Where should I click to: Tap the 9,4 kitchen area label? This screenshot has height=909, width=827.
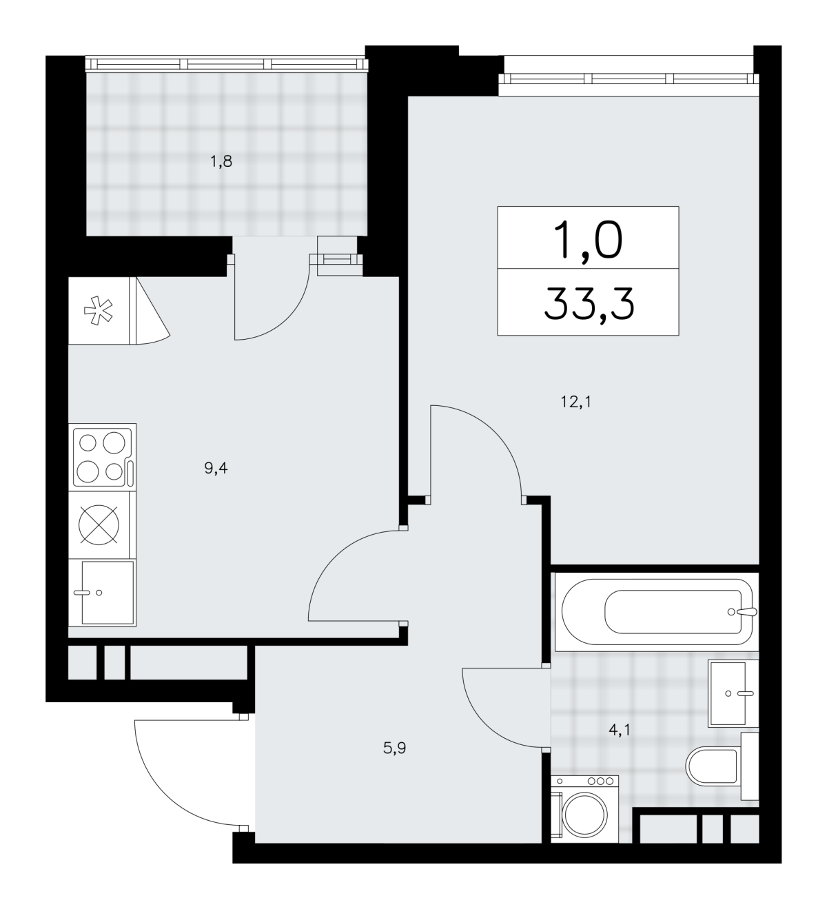216,468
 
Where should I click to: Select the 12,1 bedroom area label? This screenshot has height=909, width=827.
576,402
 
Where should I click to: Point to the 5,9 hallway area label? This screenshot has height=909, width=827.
394,748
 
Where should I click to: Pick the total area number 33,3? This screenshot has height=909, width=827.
589,304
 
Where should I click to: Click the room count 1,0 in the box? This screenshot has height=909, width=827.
588,241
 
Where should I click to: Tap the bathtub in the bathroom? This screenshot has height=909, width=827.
656,612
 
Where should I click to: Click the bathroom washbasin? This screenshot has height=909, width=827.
733,694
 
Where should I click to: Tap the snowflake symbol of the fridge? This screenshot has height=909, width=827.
99,310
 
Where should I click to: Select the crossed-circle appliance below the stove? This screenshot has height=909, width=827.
99,524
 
